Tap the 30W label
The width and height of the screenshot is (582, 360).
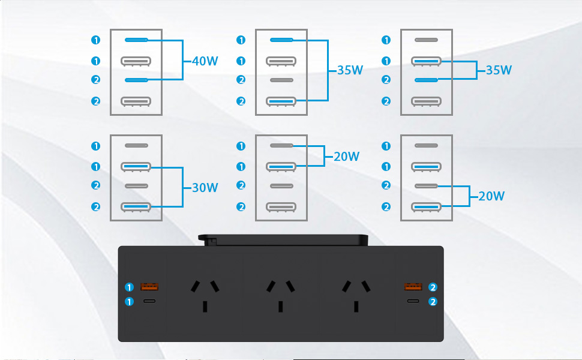pyautogui.click(x=205, y=188)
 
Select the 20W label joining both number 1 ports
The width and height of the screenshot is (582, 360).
pyautogui.click(x=346, y=157)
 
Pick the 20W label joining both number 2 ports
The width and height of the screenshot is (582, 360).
pyautogui.click(x=491, y=196)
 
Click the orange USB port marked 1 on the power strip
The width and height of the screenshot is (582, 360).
pyautogui.click(x=149, y=286)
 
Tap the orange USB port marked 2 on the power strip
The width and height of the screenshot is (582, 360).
pyautogui.click(x=413, y=286)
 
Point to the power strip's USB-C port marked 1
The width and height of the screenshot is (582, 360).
pyautogui.click(x=149, y=301)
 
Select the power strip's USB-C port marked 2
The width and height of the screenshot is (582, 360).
pyautogui.click(x=413, y=301)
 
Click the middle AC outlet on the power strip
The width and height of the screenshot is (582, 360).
pyautogui.click(x=281, y=295)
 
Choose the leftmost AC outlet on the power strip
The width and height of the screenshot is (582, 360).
pyautogui.click(x=205, y=295)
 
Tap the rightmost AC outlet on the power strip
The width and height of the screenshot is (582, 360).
pyautogui.click(x=356, y=295)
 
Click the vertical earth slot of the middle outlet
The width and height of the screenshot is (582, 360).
pyautogui.click(x=281, y=307)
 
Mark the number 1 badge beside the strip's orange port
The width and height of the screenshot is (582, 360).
pyautogui.click(x=129, y=287)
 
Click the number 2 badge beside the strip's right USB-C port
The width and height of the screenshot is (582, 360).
pyautogui.click(x=433, y=302)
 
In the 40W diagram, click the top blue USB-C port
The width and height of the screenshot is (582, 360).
pyautogui.click(x=136, y=40)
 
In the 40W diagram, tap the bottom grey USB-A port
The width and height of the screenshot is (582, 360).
pyautogui.click(x=136, y=101)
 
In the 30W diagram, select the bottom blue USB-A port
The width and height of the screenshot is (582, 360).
pyautogui.click(x=136, y=207)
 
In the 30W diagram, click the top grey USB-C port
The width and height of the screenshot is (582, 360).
pyautogui.click(x=136, y=145)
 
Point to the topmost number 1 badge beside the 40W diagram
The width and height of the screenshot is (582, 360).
pyautogui.click(x=95, y=40)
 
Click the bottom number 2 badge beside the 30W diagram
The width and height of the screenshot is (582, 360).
pyautogui.click(x=95, y=207)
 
